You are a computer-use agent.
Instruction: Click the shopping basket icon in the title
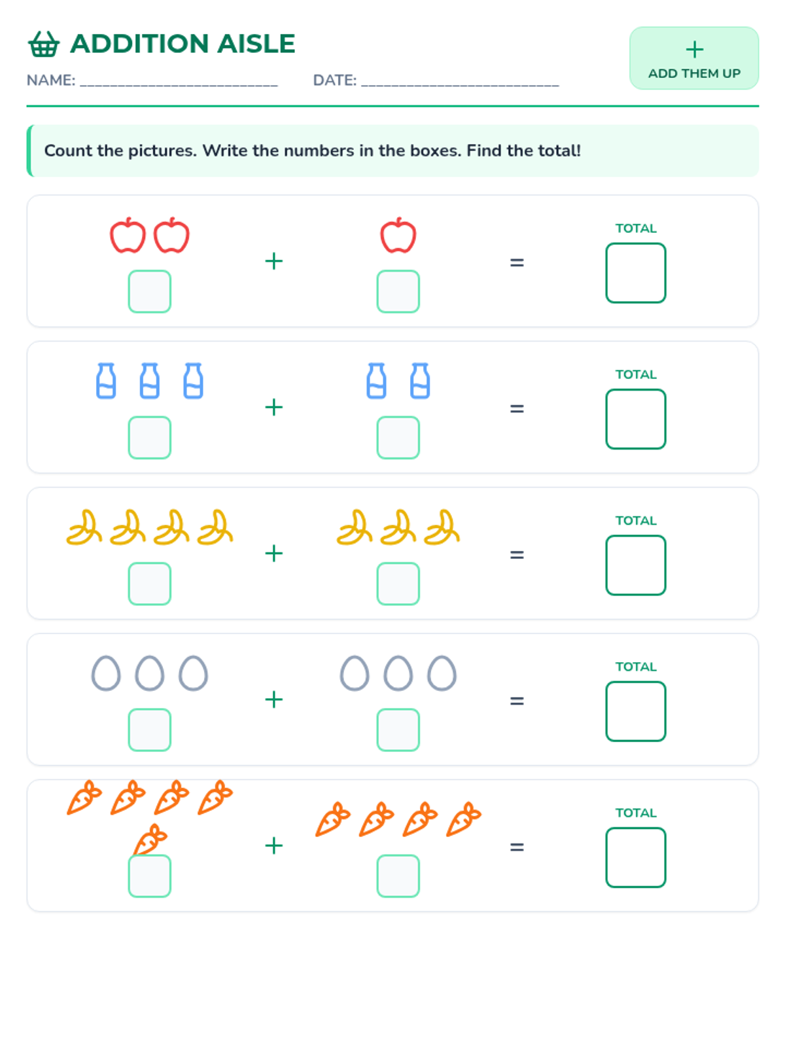pyautogui.click(x=44, y=44)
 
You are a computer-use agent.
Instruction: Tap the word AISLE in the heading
pyautogui.click(x=256, y=44)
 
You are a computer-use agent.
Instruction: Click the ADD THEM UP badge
pyautogui.click(x=693, y=58)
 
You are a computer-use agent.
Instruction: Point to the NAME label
pyautogui.click(x=50, y=80)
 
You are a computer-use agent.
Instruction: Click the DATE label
pyautogui.click(x=334, y=80)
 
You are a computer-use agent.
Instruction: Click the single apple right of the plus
pyautogui.click(x=398, y=235)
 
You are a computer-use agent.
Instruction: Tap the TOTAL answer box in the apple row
pyautogui.click(x=635, y=273)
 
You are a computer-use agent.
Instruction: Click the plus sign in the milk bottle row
pyautogui.click(x=273, y=407)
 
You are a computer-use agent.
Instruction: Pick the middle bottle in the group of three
pyautogui.click(x=149, y=380)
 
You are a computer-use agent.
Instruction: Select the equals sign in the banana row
pyautogui.click(x=517, y=554)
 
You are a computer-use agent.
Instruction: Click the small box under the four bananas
pyautogui.click(x=149, y=583)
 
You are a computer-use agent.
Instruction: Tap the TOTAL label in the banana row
pyautogui.click(x=635, y=520)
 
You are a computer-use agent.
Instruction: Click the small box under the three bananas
pyautogui.click(x=398, y=583)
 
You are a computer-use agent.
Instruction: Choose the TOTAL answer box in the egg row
pyautogui.click(x=635, y=711)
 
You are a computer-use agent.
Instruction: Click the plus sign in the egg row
pyautogui.click(x=273, y=700)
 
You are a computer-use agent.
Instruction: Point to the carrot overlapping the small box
pyautogui.click(x=149, y=840)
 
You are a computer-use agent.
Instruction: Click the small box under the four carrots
pyautogui.click(x=398, y=876)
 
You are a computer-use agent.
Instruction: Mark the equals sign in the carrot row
pyautogui.click(x=517, y=847)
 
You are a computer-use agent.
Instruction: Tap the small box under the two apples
pyautogui.click(x=149, y=291)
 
